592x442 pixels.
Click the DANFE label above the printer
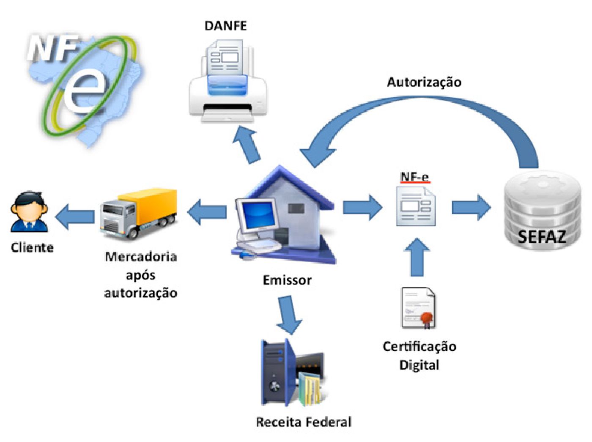pos(225,26)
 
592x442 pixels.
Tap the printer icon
pos(228,82)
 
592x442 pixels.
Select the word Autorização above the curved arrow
pos(424,82)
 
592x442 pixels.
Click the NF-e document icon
pos(416,206)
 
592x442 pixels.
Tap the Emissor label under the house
pos(287,280)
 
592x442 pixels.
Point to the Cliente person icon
pos(29,212)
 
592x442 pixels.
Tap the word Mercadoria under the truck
pos(140,257)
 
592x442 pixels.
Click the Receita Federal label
pos(304,422)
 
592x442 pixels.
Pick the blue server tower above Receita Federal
pos(277,372)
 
